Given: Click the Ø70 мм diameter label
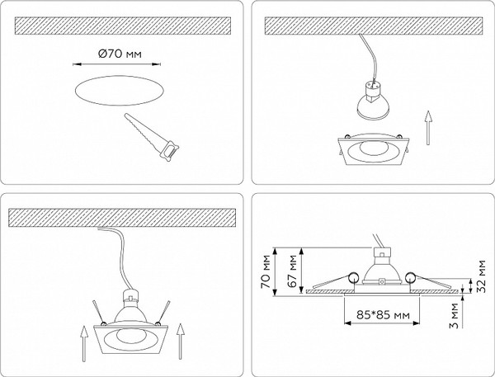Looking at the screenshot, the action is [x=120, y=54].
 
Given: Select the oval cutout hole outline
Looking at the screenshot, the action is [x=120, y=91].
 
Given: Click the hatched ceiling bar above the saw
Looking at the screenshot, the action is [x=123, y=26].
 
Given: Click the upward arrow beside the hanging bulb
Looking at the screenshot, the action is [x=427, y=128].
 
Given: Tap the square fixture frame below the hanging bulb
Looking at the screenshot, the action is [x=373, y=148].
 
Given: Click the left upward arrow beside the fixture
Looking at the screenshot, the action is [x=84, y=343].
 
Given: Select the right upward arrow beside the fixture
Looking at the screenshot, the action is [x=180, y=341].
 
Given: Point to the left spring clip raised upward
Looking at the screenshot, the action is [x=98, y=312].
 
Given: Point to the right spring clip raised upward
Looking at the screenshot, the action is [x=164, y=313].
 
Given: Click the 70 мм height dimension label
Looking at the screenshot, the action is [x=266, y=272].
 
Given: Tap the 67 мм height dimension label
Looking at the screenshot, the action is [x=293, y=271].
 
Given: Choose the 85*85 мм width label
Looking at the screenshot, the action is [x=384, y=315].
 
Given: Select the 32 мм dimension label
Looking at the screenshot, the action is [x=482, y=276].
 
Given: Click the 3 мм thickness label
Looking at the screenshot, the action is [x=454, y=316].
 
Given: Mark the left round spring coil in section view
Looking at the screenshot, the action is [x=353, y=278].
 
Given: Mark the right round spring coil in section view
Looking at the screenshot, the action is [x=410, y=278].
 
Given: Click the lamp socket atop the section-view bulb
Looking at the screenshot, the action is [x=382, y=252].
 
